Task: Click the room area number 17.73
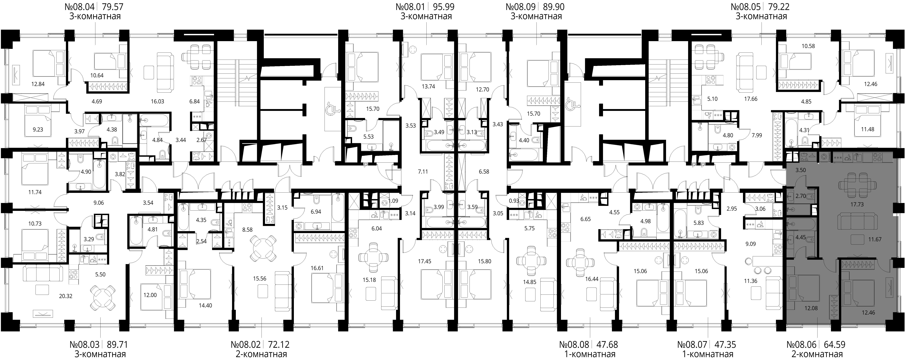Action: click(857, 204)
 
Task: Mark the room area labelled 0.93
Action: click(514, 201)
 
